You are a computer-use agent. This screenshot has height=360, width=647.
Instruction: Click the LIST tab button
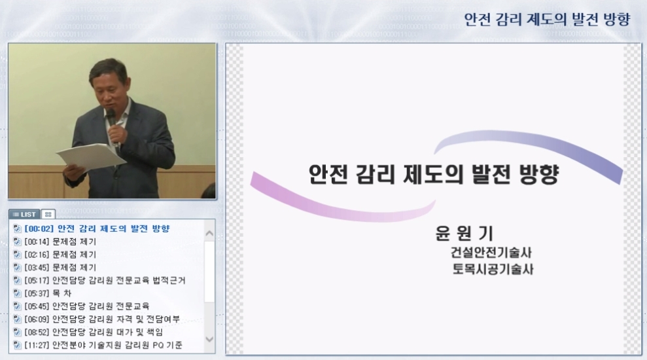point(24,214)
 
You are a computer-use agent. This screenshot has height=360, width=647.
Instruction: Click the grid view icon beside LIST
point(48,214)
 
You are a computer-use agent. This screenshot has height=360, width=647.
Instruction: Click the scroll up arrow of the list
point(209,234)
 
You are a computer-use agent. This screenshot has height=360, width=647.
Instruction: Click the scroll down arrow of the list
point(209,339)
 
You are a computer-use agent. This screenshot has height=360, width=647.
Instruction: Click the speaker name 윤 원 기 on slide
point(464,233)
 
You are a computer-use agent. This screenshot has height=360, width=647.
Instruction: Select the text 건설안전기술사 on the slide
point(491,253)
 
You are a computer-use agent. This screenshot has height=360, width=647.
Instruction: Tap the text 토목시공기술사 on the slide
point(493,269)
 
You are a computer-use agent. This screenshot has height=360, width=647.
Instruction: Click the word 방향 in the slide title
point(539,174)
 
